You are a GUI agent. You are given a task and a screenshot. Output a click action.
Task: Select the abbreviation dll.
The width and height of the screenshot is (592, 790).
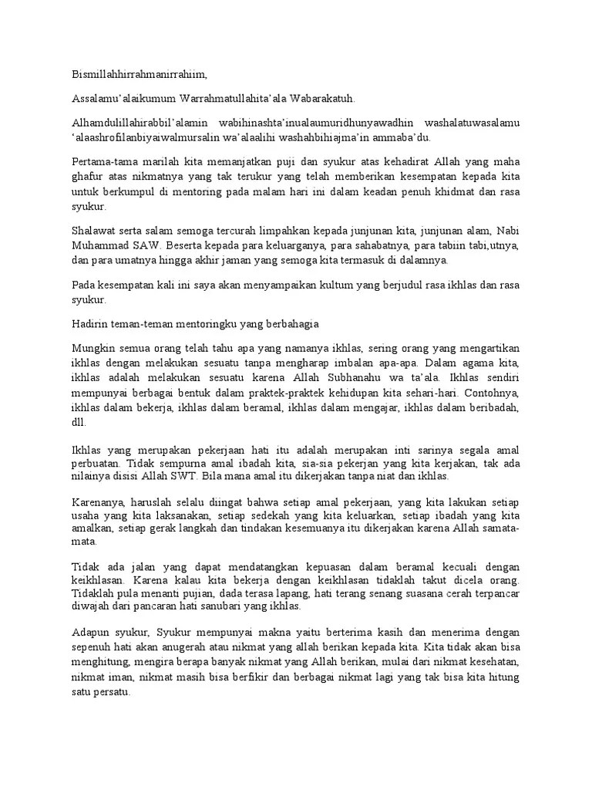(79, 422)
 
